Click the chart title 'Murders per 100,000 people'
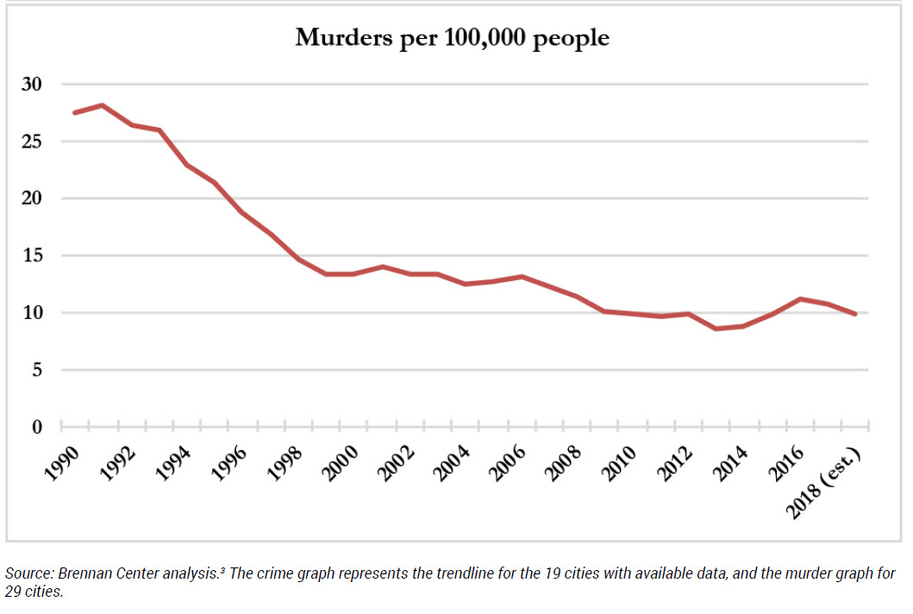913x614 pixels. (x=452, y=38)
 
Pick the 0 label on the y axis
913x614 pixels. (x=37, y=427)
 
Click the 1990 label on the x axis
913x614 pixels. (x=62, y=453)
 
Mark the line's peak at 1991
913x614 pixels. (x=103, y=105)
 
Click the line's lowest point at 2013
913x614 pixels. (x=716, y=329)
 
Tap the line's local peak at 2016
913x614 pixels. (x=799, y=298)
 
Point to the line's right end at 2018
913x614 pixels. (x=855, y=314)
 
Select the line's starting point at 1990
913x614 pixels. (x=75, y=113)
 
